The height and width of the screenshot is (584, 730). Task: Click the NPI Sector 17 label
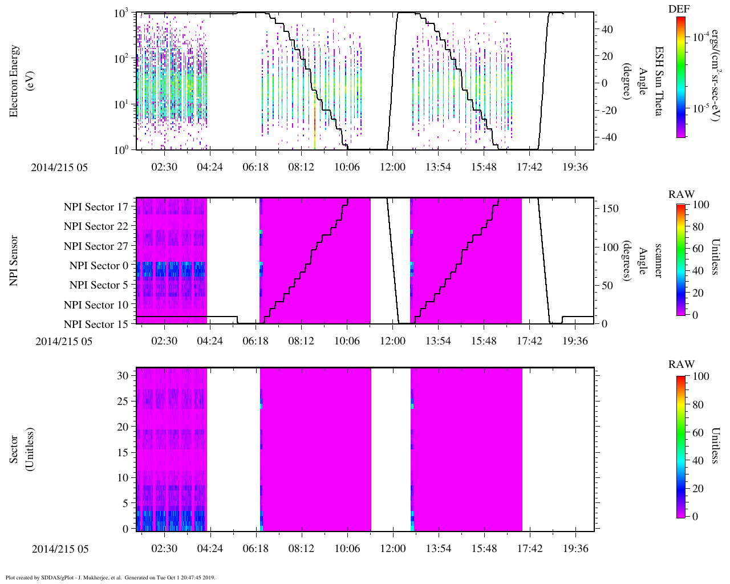(x=96, y=207)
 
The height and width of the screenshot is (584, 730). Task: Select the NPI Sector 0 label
(x=99, y=266)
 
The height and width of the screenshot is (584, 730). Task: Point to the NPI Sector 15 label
(x=96, y=325)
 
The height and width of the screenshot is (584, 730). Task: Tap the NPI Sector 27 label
(x=96, y=246)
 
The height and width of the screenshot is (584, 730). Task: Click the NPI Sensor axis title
(x=14, y=261)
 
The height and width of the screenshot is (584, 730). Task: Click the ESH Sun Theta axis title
(x=658, y=81)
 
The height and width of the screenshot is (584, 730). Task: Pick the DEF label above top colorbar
(x=679, y=9)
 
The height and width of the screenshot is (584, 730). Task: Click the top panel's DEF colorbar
(x=681, y=77)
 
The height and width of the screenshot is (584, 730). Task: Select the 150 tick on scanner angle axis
(x=610, y=209)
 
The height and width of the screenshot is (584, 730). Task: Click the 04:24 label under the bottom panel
(x=210, y=549)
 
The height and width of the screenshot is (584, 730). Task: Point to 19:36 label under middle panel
(x=575, y=341)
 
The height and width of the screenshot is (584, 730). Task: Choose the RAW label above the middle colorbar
(x=681, y=194)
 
